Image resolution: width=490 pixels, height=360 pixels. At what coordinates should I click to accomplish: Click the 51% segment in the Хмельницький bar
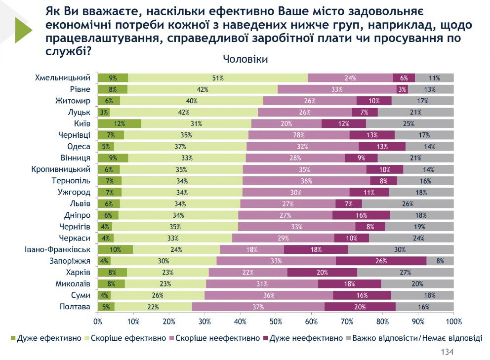coord(218,78)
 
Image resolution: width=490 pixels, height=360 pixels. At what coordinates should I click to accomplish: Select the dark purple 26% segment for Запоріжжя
coord(381,261)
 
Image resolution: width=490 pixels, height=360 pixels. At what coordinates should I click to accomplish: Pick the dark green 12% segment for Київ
coord(119,124)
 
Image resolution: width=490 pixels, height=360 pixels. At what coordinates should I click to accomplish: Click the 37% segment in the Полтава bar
coord(258,307)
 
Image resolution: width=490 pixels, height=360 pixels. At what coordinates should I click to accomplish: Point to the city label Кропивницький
coord(61,169)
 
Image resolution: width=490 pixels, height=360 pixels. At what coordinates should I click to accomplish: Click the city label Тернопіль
coord(71,181)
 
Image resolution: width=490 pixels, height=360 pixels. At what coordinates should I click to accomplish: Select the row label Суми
coord(80,295)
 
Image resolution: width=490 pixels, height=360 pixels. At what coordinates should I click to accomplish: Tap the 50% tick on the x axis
coord(276,321)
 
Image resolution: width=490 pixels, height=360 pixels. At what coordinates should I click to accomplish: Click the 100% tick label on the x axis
coord(454,321)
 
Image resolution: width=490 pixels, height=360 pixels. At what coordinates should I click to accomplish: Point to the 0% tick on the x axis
coord(98,321)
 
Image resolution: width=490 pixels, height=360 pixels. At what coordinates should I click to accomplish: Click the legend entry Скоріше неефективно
coord(217,338)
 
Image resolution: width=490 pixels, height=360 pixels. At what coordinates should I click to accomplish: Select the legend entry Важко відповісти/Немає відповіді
coord(417,338)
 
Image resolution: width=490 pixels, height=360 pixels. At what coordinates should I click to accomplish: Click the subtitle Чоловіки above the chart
coord(245,59)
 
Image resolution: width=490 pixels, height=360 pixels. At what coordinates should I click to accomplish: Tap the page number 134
coord(447,352)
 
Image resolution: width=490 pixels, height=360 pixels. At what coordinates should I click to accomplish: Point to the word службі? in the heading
coord(68,52)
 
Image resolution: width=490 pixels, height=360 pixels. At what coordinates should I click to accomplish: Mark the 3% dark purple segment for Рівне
coord(402,90)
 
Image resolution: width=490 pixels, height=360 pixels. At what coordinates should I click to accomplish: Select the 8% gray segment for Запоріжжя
coord(440,261)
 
